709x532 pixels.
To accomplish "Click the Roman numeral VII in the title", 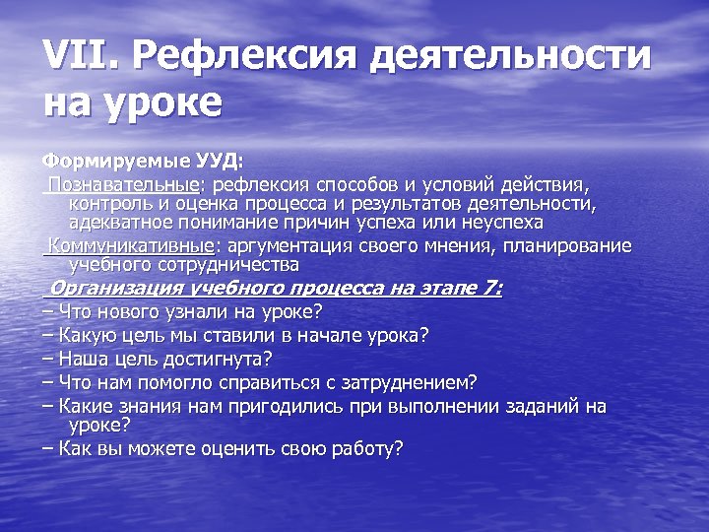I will tap(76, 56).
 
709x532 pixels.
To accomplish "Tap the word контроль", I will tap(110, 204).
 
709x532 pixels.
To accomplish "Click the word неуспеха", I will tap(502, 223).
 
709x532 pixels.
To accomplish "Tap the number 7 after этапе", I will tap(490, 289).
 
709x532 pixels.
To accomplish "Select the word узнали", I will tap(194, 312).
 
